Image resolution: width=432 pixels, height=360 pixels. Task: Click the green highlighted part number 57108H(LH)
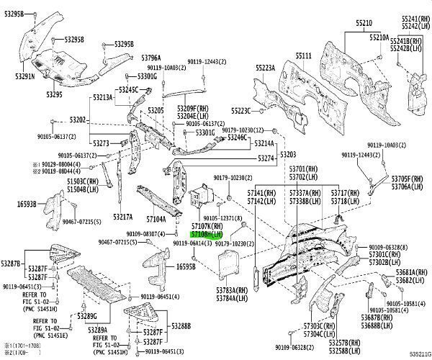[x=209, y=235]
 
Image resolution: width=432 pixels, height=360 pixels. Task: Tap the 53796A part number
[x=151, y=58]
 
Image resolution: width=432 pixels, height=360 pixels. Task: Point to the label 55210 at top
[x=364, y=23]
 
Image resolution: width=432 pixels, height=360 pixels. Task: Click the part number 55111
[x=303, y=55]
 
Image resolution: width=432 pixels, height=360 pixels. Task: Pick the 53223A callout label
[x=265, y=68]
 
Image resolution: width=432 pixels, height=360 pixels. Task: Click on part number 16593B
[x=27, y=204]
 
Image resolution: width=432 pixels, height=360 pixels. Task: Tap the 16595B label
[x=186, y=266]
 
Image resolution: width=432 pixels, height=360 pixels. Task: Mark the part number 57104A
[x=156, y=218]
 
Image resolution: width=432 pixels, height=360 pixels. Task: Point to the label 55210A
[x=379, y=37]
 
